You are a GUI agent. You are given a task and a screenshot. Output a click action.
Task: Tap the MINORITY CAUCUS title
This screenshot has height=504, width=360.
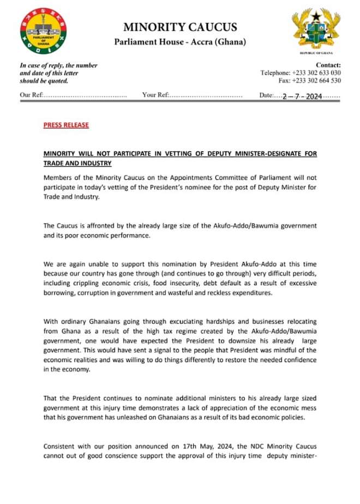point(180,27)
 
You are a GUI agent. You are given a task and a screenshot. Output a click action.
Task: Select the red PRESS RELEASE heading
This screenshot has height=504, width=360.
point(66,125)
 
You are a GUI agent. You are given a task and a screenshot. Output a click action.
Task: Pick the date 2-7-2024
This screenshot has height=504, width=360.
point(302,96)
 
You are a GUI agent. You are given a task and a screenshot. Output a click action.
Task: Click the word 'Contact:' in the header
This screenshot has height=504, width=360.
point(328,65)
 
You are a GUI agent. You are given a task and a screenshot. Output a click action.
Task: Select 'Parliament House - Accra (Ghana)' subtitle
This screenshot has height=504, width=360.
point(180,42)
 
